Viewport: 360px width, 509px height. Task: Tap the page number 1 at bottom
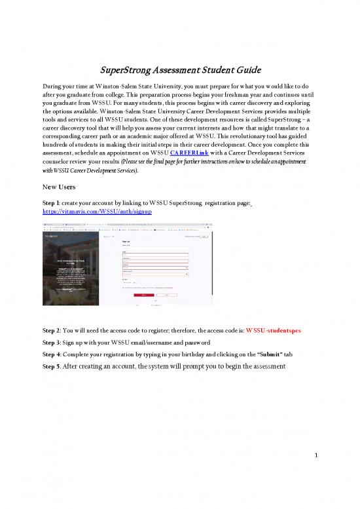315,471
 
